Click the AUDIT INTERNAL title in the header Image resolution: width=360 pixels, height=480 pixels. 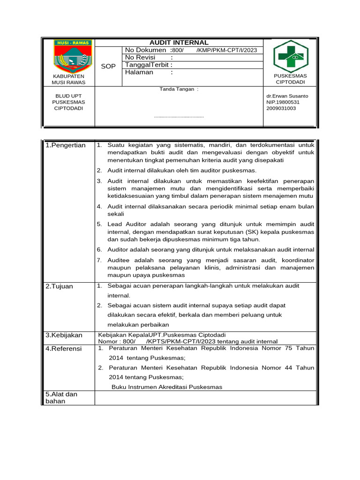[179, 43]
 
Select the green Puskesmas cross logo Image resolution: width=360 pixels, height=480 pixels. [291, 55]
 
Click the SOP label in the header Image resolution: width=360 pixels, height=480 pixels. [108, 66]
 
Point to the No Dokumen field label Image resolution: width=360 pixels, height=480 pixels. [145, 50]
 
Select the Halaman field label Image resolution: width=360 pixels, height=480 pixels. [139, 72]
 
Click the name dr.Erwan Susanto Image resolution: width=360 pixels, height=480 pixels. [287, 96]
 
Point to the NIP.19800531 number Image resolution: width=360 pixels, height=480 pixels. [283, 102]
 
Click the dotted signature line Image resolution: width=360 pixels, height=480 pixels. [179, 116]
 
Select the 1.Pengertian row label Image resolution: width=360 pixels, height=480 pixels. [66, 145]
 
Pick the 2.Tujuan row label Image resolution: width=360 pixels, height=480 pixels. [60, 286]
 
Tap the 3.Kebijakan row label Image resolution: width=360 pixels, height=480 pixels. [64, 335]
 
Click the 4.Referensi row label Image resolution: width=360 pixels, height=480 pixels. [64, 349]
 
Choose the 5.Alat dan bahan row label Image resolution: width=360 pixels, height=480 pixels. [61, 397]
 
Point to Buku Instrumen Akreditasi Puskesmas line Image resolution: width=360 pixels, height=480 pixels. [166, 387]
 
